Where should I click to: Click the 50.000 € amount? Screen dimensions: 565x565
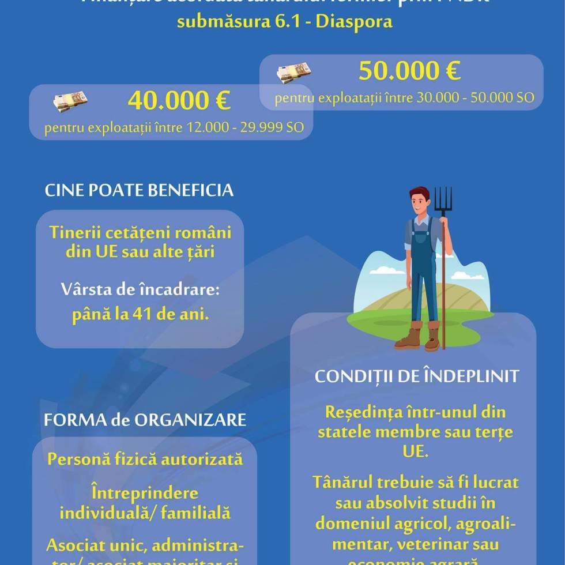(409, 71)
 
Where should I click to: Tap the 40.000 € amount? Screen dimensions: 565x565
(179, 101)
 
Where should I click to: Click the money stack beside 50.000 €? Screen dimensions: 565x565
(293, 73)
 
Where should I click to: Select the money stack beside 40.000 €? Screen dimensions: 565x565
(70, 101)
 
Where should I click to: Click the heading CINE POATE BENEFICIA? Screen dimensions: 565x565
(139, 190)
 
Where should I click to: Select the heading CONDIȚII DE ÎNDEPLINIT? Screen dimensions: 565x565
(417, 376)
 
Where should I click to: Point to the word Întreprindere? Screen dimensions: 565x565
(145, 494)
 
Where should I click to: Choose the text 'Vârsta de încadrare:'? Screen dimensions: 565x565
(141, 289)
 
